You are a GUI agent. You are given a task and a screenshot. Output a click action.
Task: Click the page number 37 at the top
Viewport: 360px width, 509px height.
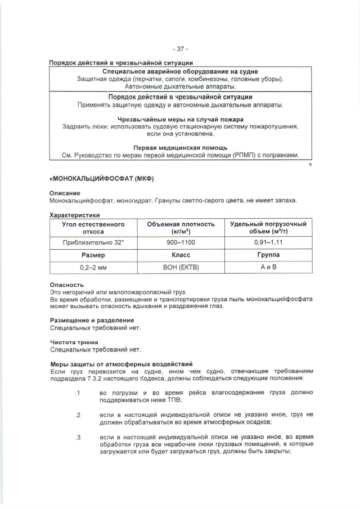coord(180,49)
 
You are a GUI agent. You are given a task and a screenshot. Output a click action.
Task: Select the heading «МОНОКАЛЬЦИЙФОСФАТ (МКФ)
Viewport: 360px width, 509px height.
coord(102,178)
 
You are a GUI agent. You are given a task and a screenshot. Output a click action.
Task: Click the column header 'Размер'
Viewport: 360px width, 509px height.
coord(93,255)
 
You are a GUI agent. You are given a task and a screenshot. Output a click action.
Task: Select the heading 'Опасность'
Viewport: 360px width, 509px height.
coord(67,285)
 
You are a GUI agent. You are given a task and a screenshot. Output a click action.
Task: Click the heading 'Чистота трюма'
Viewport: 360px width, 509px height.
coord(74,342)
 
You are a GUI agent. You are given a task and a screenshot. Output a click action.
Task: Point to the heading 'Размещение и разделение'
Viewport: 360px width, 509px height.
coord(92,320)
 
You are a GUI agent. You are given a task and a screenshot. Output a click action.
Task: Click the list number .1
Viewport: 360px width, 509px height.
coord(79,393)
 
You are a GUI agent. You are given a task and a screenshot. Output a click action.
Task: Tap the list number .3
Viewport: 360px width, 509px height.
coord(79,436)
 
